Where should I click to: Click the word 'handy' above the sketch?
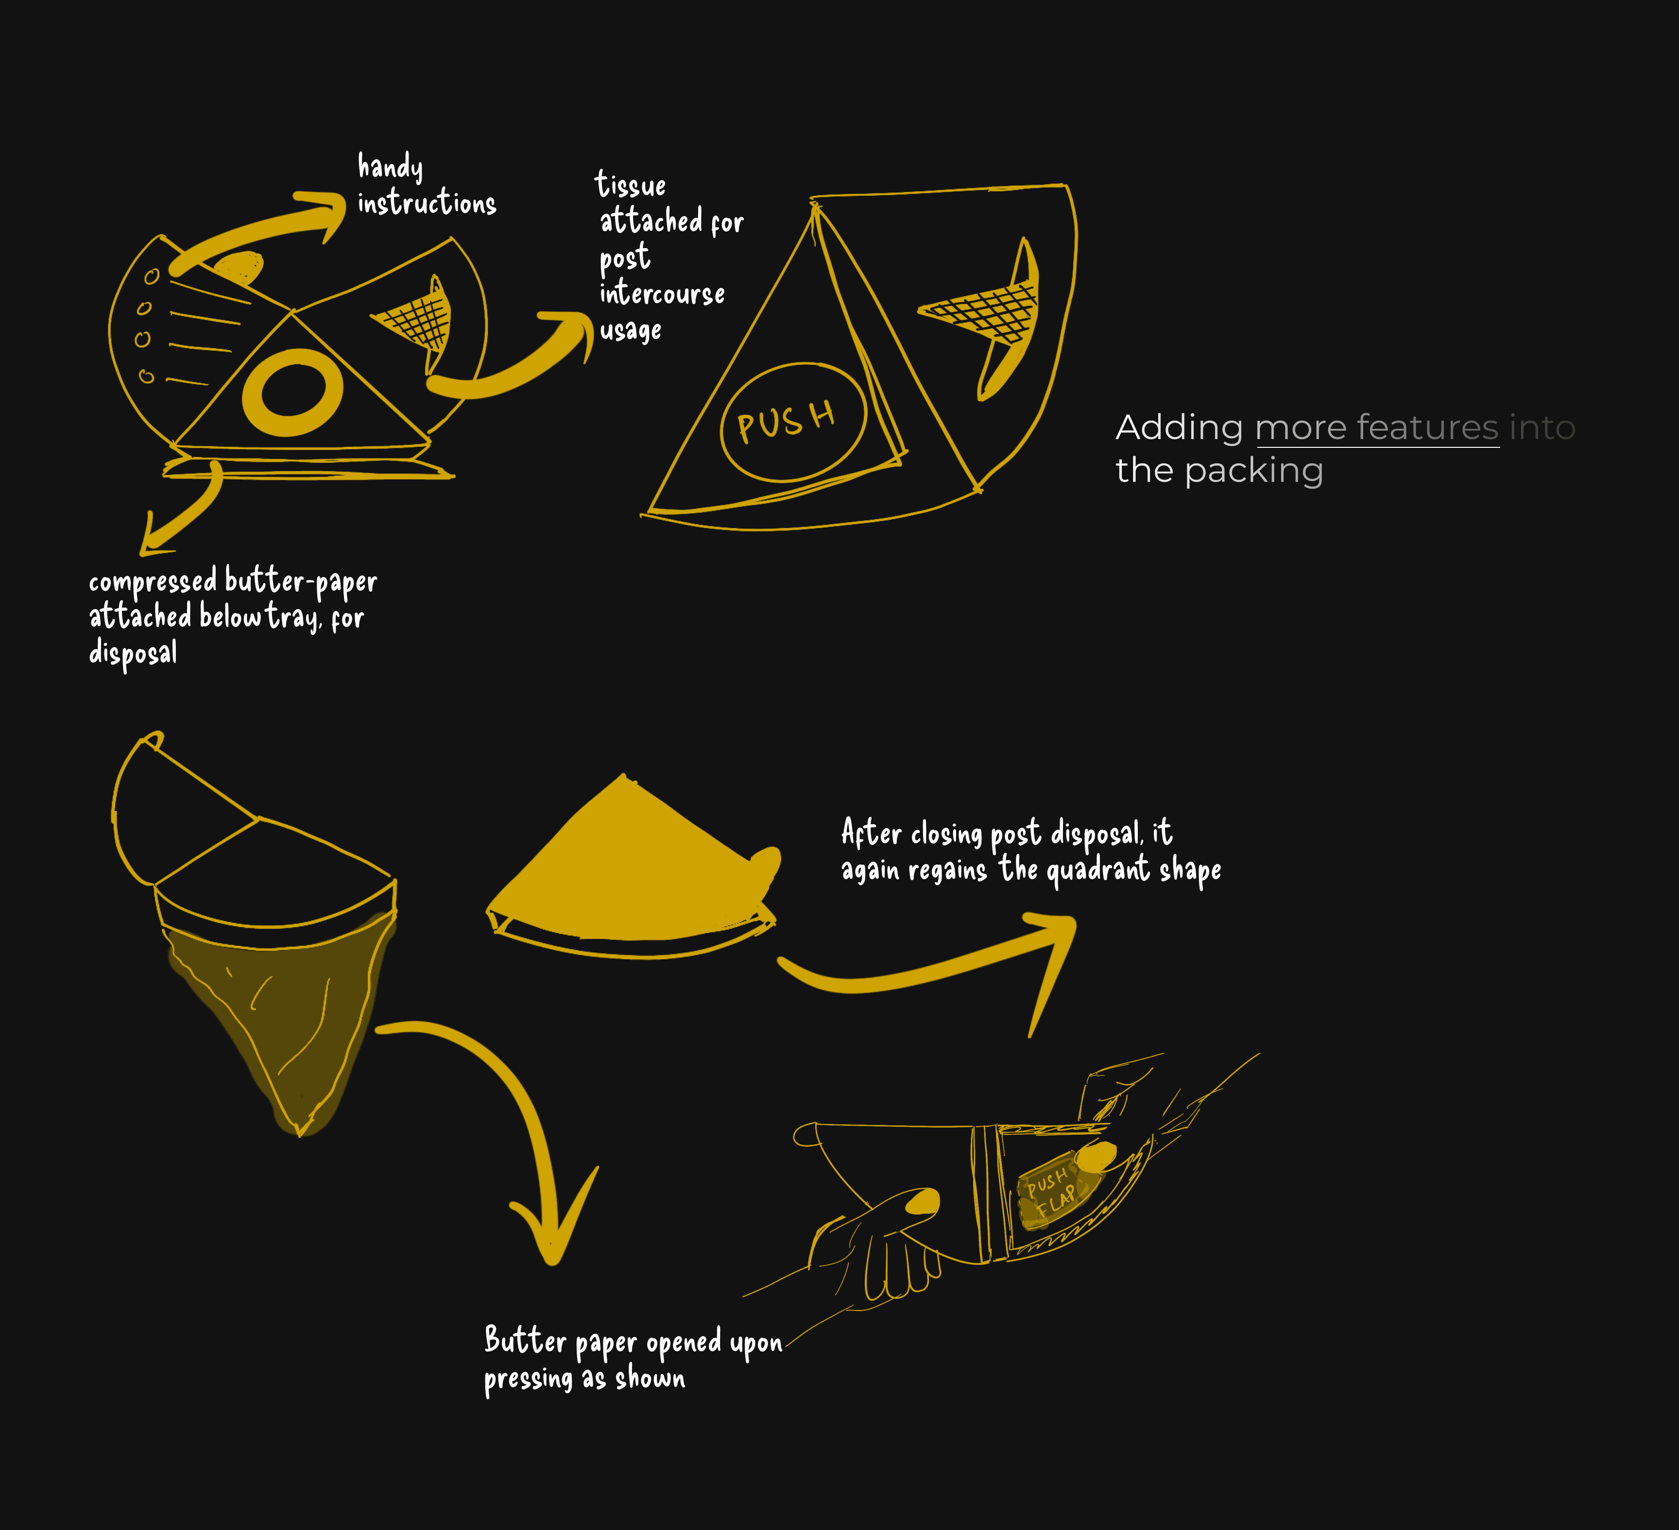click(390, 167)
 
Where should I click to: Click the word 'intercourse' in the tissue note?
click(662, 293)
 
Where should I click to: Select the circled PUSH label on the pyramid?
click(793, 422)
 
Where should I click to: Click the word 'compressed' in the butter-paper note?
click(153, 582)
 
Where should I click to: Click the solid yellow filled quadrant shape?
click(633, 866)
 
